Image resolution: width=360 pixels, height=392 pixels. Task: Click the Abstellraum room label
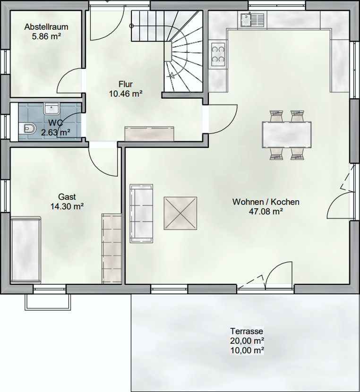click(46, 27)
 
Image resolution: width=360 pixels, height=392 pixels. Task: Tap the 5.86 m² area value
click(46, 36)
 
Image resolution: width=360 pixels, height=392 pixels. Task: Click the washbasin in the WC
click(51, 109)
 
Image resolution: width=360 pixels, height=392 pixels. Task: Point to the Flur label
click(126, 84)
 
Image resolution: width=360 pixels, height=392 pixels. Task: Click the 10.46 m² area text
click(126, 94)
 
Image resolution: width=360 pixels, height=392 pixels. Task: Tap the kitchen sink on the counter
click(252, 20)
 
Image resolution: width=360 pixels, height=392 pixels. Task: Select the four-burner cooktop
click(218, 54)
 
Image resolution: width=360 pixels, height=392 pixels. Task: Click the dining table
click(287, 135)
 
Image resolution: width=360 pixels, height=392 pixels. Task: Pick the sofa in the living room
click(141, 213)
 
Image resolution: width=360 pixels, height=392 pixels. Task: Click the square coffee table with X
click(180, 213)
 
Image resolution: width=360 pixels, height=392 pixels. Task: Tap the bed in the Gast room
click(26, 250)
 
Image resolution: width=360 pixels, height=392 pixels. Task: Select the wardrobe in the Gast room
click(111, 249)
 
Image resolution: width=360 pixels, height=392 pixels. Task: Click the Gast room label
click(67, 197)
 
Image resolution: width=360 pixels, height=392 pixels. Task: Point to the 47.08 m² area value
click(266, 212)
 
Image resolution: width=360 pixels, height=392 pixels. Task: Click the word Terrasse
click(247, 331)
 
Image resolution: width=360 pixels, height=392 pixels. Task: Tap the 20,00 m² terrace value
click(247, 341)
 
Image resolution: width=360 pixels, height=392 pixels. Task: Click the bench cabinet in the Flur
click(149, 134)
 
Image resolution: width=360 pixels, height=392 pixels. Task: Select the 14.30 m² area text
click(67, 206)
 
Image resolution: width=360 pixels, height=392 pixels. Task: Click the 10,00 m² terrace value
click(247, 350)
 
